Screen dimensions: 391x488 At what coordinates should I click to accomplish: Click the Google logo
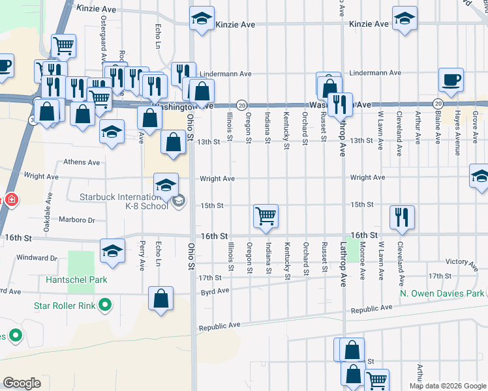pyautogui.click(x=22, y=383)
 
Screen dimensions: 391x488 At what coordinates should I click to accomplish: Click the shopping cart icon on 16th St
pyautogui.click(x=266, y=216)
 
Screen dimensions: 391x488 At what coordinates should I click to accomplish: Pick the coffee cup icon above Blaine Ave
pyautogui.click(x=451, y=80)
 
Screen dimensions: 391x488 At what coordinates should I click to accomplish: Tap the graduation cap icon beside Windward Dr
pyautogui.click(x=112, y=250)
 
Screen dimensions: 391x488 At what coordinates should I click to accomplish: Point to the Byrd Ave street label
pyautogui.click(x=215, y=291)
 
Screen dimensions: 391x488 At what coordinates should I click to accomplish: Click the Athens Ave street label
pyautogui.click(x=81, y=162)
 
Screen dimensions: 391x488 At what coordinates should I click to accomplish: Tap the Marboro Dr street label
pyautogui.click(x=77, y=220)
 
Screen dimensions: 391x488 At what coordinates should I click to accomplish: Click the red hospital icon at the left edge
pyautogui.click(x=10, y=199)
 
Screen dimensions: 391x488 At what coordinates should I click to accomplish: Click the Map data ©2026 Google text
pyautogui.click(x=448, y=386)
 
